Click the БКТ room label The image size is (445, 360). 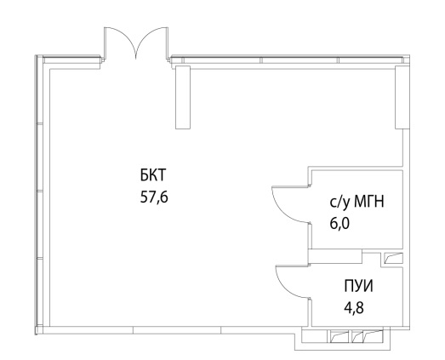coord(152,174)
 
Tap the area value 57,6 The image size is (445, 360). coord(154,197)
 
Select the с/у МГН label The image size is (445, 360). coord(357,203)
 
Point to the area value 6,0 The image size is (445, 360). coord(339,224)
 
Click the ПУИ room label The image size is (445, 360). coord(359,286)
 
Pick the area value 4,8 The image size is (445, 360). coord(354,307)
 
